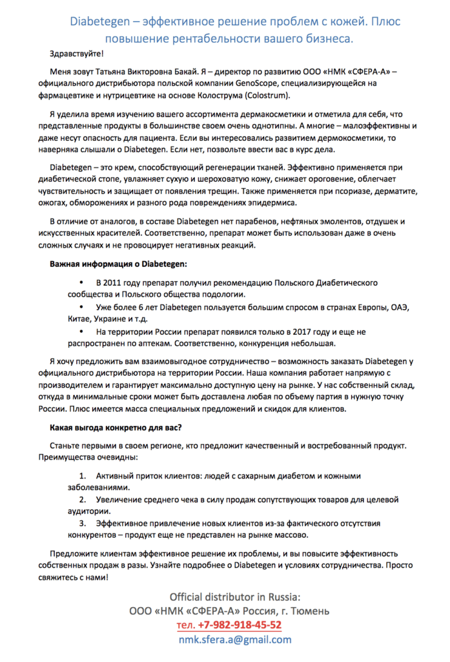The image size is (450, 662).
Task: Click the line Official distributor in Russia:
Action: coord(235,596)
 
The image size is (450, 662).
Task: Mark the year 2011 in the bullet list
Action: coord(108,283)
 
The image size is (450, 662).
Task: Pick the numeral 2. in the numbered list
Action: coord(82,500)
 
